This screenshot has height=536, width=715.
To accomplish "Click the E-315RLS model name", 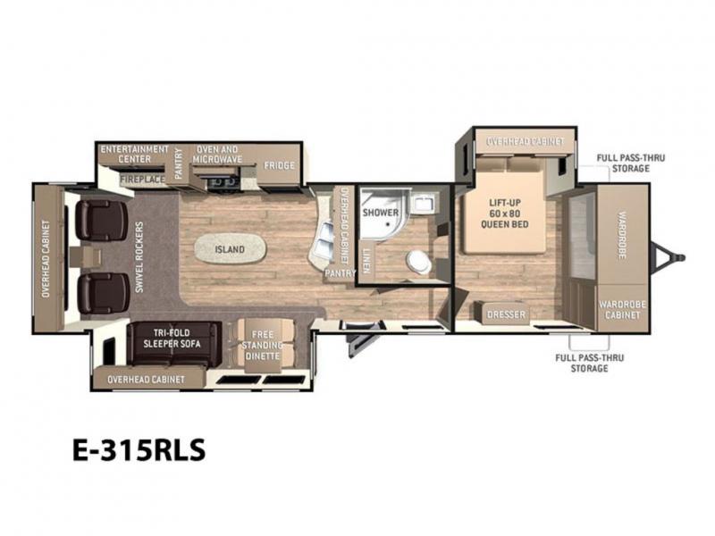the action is tap(139, 450).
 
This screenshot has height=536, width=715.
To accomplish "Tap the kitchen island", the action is tap(230, 249).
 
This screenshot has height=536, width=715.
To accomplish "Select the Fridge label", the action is tap(279, 165).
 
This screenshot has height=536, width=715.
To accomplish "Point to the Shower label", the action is tap(381, 213).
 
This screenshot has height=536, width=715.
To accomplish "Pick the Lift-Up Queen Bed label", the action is tap(505, 214).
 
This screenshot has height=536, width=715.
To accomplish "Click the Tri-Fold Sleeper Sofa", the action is tap(173, 344).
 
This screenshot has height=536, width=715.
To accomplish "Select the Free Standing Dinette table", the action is tap(262, 345).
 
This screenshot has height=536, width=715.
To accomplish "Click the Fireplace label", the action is tap(142, 180).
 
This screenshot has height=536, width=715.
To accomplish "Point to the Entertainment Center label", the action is tap(135, 154).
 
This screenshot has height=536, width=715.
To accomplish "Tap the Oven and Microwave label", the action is tap(217, 155).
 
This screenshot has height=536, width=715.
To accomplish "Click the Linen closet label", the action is tap(366, 261).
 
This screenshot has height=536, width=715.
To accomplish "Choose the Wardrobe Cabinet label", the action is tap(622, 309).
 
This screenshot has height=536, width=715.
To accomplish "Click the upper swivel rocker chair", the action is tap(101, 220).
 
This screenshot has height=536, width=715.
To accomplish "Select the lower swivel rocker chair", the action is tap(103, 294).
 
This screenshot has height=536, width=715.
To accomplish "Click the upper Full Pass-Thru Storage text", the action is tap(631, 163).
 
